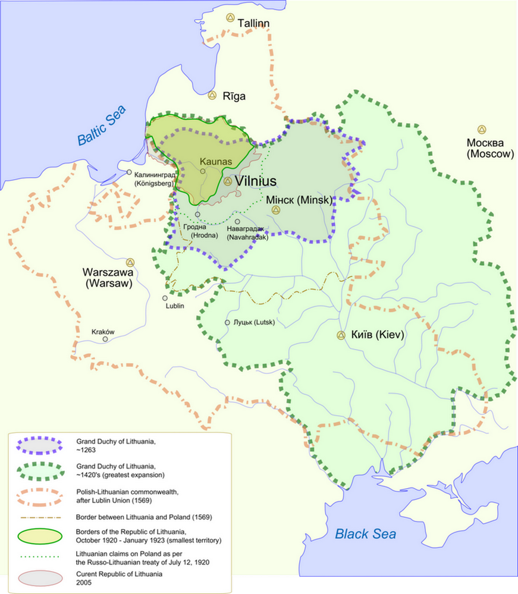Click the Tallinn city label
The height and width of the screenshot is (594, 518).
click(x=254, y=23)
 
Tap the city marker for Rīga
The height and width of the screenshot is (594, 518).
click(x=212, y=95)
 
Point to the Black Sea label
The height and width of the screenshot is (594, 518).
click(x=365, y=533)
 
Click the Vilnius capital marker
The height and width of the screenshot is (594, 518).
click(x=228, y=181)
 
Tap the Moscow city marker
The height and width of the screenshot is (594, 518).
click(x=481, y=130)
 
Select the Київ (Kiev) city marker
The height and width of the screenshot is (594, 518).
click(x=341, y=335)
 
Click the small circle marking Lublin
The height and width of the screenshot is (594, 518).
click(x=165, y=298)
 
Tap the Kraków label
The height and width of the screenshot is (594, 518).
click(x=102, y=332)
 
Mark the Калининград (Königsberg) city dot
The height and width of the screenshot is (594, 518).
click(x=129, y=172)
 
